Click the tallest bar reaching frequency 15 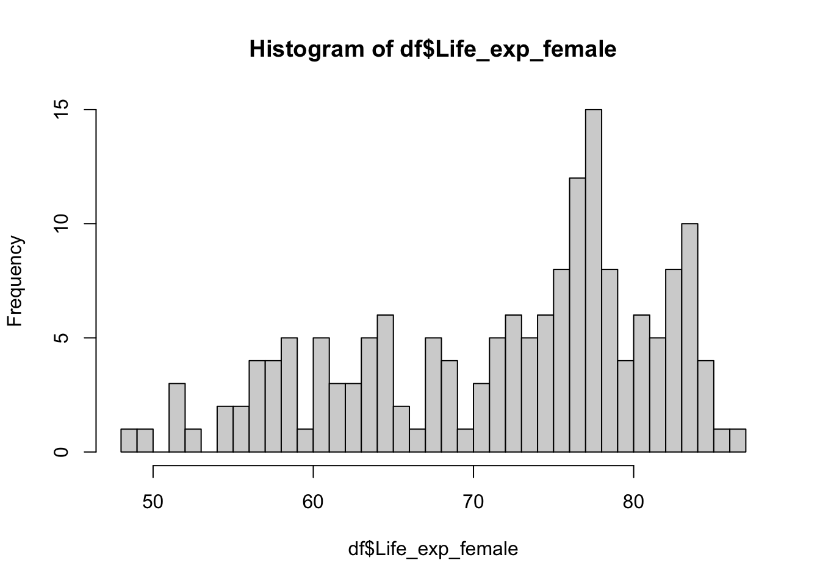pos(594,281)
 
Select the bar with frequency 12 pos(577,315)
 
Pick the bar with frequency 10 pos(689,338)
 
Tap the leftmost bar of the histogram pos(129,441)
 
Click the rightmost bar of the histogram pos(738,441)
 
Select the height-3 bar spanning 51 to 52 pos(177,418)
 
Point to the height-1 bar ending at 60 pos(305,441)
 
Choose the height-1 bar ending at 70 pos(466,441)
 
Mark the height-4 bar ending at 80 pos(625,406)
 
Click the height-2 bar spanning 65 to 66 pos(401,429)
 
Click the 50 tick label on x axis pos(153,502)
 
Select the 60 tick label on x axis pos(313,502)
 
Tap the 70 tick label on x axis pos(473,502)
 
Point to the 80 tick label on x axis pos(633,502)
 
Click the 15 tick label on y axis pos(61,109)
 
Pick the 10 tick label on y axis pos(61,224)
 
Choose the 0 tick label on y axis pos(61,452)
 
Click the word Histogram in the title pos(307,49)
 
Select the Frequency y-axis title pos(15,281)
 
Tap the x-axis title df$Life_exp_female pos(433,549)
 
